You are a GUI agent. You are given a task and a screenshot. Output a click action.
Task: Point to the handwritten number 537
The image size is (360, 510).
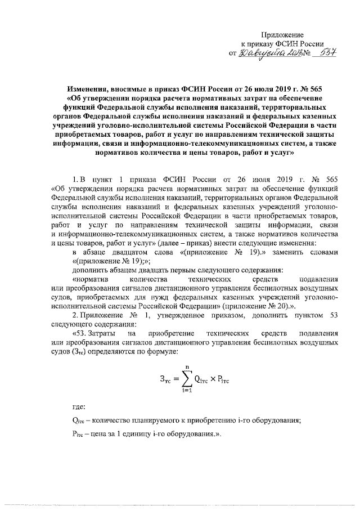[324, 53]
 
